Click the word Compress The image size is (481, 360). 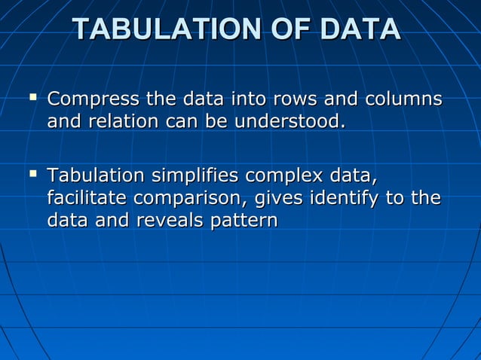coord(93,99)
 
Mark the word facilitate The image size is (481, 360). coord(87,199)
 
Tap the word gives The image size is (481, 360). coord(281,199)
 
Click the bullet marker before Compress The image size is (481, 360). coord(32,97)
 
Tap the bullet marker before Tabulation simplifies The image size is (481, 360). coord(32,175)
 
